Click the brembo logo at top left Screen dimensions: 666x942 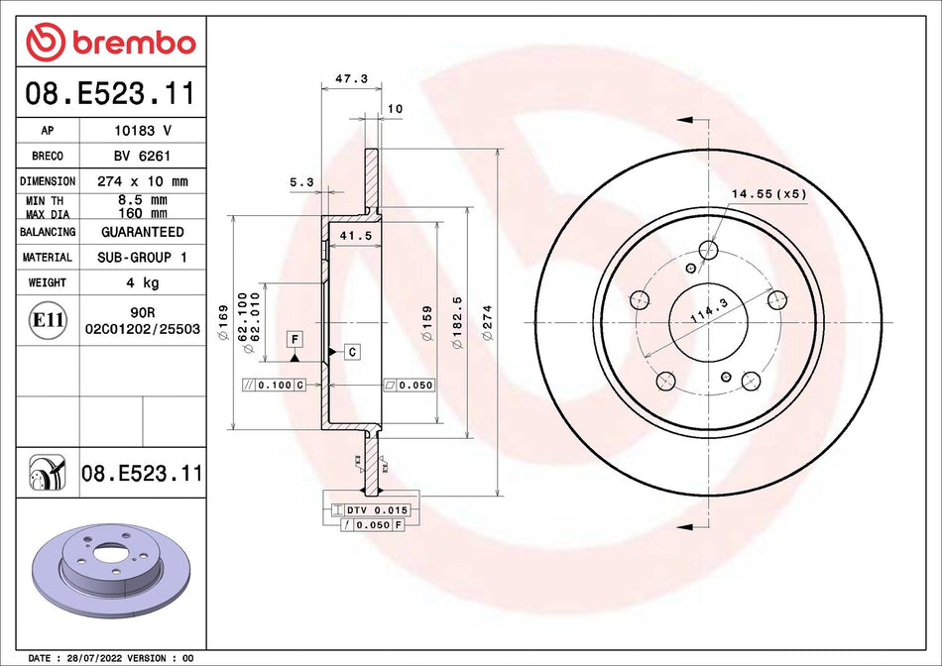(x=111, y=43)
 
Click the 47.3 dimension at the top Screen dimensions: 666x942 (x=344, y=78)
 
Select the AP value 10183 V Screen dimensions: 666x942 (x=142, y=130)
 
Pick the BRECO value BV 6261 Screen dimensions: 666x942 (x=142, y=156)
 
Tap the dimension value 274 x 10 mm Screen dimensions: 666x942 (x=142, y=181)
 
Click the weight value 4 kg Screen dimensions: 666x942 (x=142, y=282)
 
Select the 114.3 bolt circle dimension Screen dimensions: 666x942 (x=701, y=314)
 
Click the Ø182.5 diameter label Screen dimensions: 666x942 (x=457, y=317)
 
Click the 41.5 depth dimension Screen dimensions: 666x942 (x=348, y=236)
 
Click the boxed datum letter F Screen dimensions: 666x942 (x=294, y=339)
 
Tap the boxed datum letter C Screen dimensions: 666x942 (x=352, y=352)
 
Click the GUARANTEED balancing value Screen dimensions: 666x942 (x=142, y=232)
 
